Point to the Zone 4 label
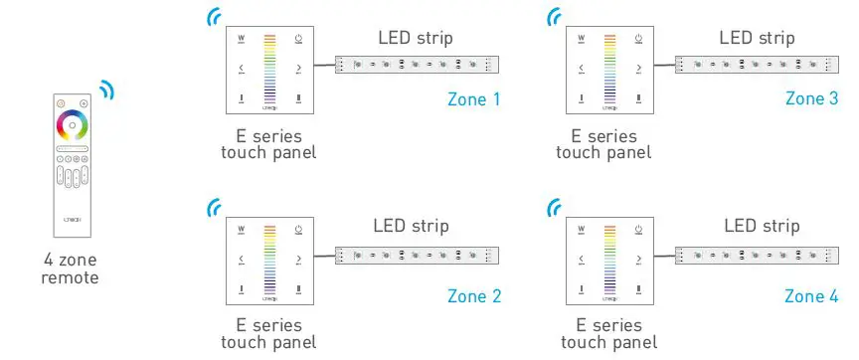[811, 295]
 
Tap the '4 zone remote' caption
[70, 269]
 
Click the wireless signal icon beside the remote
[106, 90]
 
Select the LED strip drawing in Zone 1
[419, 66]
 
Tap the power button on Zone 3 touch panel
[639, 40]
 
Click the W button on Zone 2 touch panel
[242, 228]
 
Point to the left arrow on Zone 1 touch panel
[242, 70]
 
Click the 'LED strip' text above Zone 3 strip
[757, 39]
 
